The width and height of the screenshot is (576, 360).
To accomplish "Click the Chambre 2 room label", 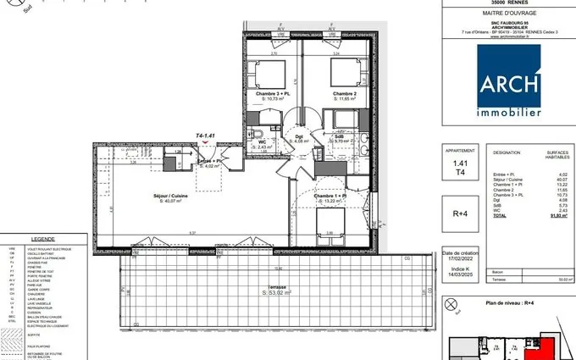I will tap(343, 93).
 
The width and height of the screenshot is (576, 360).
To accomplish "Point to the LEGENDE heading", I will tap(42, 240).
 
